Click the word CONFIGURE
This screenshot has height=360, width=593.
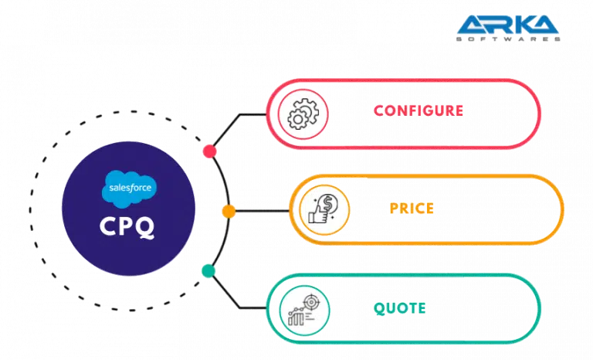[418, 110]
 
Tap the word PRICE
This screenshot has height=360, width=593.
[412, 208]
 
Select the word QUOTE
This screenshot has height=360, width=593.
[399, 308]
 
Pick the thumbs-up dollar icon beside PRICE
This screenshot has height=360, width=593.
[320, 209]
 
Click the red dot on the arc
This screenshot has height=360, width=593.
[208, 151]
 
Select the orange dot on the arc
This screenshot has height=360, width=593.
[229, 210]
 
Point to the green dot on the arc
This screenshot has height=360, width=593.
[208, 270]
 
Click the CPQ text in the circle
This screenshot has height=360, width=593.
[127, 227]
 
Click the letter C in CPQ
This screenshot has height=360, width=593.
[107, 227]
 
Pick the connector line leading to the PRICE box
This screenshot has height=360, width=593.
[263, 210]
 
